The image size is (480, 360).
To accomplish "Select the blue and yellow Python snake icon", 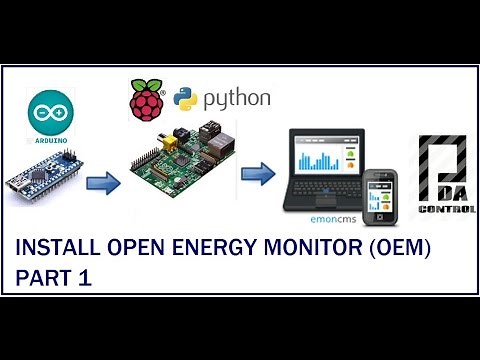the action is coord(186,101).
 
